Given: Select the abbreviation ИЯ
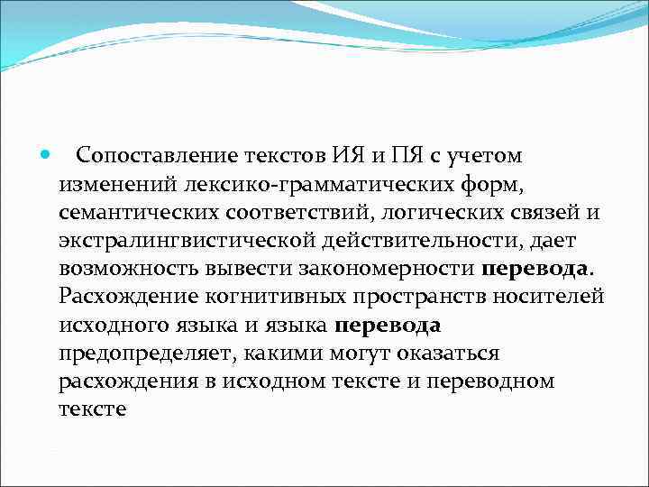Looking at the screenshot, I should pyautogui.click(x=341, y=156).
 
